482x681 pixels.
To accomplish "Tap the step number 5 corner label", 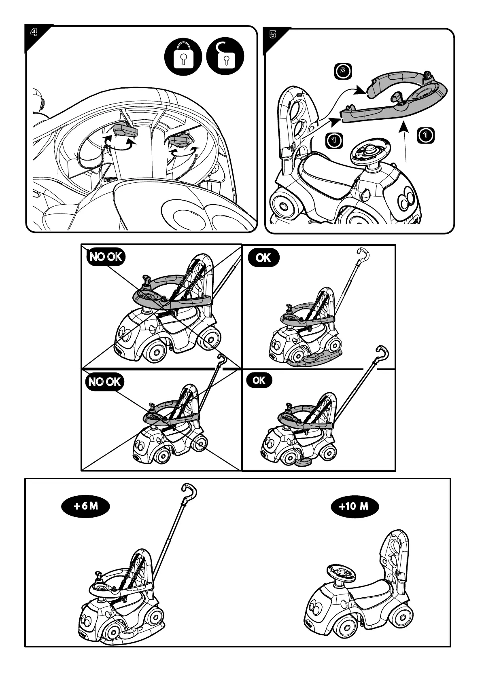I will [273, 34].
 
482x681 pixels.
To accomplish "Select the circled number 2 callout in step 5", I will [342, 71].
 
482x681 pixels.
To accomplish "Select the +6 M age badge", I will [86, 506].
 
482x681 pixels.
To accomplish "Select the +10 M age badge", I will [354, 506].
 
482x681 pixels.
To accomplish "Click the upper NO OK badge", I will [105, 257].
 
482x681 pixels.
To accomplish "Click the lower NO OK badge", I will [104, 382].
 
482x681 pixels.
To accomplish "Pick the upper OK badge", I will [263, 258].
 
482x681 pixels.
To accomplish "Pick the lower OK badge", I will [259, 380].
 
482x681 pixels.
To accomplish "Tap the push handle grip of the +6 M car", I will [190, 490].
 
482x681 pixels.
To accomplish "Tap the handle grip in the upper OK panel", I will [364, 254].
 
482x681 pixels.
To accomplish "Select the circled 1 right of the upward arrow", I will [425, 135].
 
